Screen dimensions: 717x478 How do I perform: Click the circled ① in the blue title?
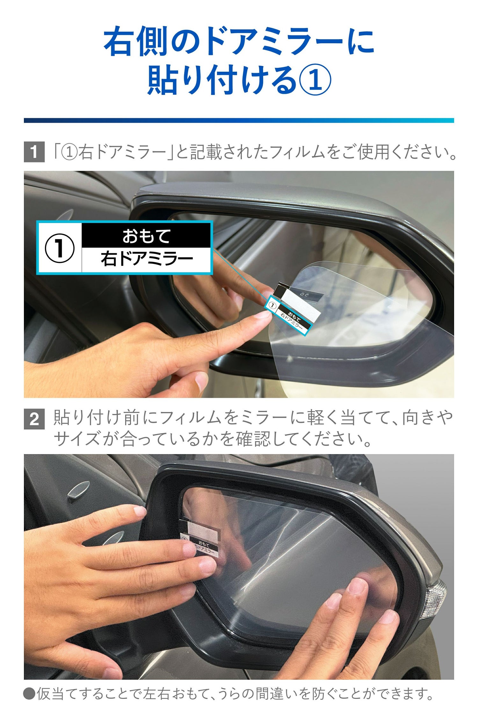(x=315, y=79)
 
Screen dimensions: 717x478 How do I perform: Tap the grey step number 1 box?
(x=34, y=152)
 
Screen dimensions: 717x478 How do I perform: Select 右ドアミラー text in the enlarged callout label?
(x=147, y=259)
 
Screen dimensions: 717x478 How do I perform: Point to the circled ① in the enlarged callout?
(x=60, y=248)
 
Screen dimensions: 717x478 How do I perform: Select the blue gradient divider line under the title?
(x=239, y=120)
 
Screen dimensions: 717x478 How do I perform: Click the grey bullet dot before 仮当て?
(x=29, y=693)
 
